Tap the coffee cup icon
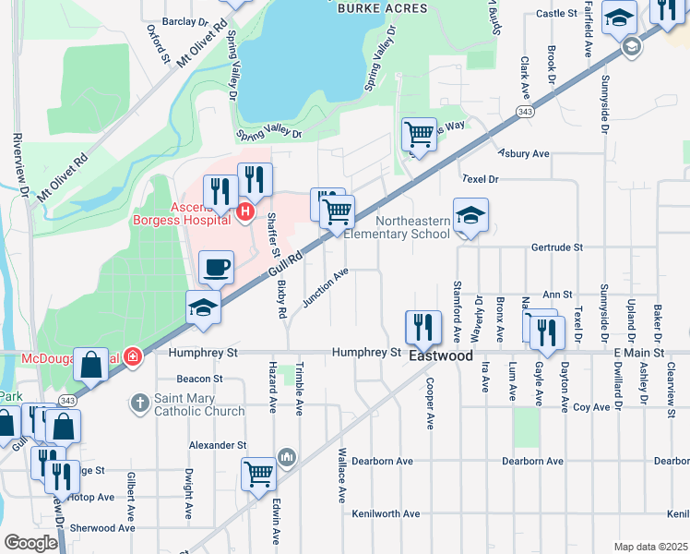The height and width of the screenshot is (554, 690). (216, 268)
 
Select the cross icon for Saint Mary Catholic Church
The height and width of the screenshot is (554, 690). (139, 403)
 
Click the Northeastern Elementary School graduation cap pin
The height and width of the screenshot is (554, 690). (470, 216)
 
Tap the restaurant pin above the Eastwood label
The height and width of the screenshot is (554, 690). (423, 326)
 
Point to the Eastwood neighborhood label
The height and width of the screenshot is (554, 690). (441, 355)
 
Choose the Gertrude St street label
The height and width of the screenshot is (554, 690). (557, 247)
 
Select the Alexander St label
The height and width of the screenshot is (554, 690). (215, 444)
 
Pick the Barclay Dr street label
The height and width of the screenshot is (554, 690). (184, 20)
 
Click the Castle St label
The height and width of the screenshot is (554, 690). (555, 14)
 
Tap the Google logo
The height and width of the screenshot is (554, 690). (30, 543)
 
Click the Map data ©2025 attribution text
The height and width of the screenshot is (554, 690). (650, 547)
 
